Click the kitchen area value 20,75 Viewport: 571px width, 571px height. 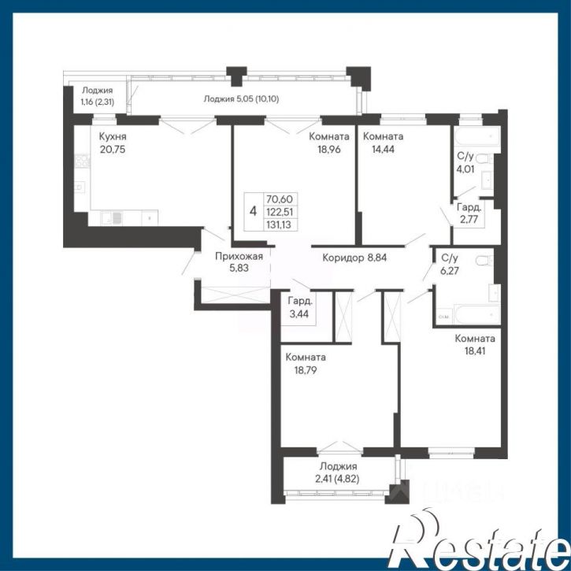[x=113, y=150]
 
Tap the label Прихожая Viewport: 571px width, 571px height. [x=239, y=257]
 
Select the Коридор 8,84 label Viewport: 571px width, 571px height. [x=354, y=258]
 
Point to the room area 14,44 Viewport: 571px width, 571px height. [x=383, y=149]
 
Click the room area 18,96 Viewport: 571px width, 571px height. [x=329, y=149]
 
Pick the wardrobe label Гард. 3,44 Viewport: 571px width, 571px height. [x=299, y=307]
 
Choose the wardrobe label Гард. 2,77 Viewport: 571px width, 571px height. [x=469, y=213]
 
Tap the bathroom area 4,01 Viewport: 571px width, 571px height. [x=465, y=169]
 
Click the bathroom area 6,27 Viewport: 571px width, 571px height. [x=450, y=271]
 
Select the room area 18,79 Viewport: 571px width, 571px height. [x=306, y=370]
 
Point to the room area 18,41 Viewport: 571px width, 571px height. [x=475, y=351]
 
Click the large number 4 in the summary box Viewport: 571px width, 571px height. [x=254, y=211]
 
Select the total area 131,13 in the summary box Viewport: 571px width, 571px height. [x=279, y=224]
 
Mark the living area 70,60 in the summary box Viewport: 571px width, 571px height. [x=280, y=199]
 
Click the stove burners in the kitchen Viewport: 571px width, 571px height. [x=82, y=161]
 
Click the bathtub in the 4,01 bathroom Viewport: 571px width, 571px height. [x=477, y=135]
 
